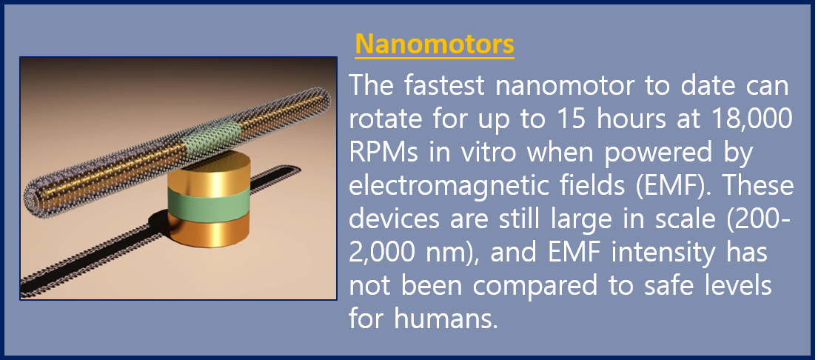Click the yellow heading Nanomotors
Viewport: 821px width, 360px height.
435,44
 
